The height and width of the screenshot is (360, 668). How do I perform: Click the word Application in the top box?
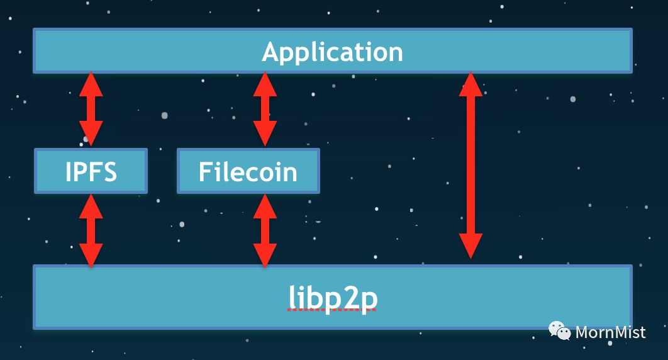click(332, 52)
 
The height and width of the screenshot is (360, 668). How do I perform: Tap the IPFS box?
click(91, 171)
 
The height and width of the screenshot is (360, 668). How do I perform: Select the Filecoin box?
click(248, 171)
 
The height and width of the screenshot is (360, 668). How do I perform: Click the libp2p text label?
click(333, 298)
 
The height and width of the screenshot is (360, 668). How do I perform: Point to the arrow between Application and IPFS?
click(91, 109)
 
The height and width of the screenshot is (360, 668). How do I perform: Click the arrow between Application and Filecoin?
click(265, 109)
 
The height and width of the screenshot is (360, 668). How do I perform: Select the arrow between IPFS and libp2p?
click(91, 230)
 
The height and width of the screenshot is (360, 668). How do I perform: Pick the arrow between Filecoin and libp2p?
click(265, 230)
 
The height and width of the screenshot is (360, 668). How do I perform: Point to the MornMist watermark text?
click(610, 332)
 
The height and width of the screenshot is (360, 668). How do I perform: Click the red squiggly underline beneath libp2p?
click(333, 312)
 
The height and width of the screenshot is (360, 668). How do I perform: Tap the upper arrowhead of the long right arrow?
click(470, 84)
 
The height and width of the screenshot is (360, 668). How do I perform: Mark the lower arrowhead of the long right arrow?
click(470, 247)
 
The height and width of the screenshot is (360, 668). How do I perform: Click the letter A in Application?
click(272, 52)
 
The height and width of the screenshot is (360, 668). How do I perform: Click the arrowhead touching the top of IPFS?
click(91, 135)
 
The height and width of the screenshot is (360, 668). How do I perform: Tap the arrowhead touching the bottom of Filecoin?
click(265, 206)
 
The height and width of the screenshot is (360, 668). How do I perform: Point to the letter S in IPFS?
click(108, 171)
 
